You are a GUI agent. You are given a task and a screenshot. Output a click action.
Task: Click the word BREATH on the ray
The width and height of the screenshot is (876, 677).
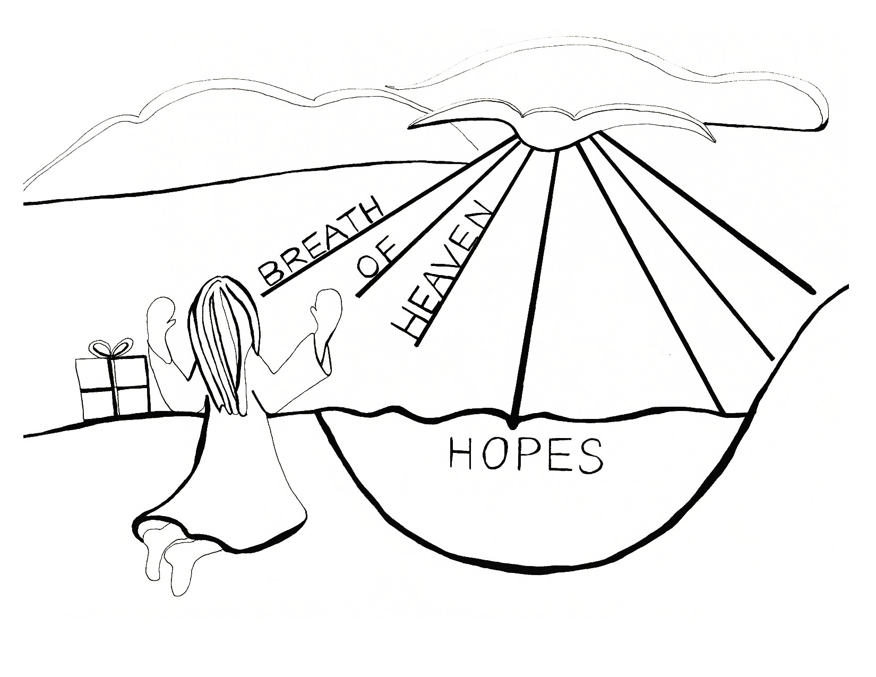pyautogui.click(x=319, y=242)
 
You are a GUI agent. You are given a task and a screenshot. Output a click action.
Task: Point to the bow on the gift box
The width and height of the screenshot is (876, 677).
pyautogui.click(x=110, y=348)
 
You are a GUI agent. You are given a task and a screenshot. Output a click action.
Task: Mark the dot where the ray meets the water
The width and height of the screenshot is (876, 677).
pyautogui.click(x=512, y=424)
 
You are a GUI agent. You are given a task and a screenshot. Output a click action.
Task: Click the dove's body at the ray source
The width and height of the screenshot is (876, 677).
pyautogui.click(x=552, y=139)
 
